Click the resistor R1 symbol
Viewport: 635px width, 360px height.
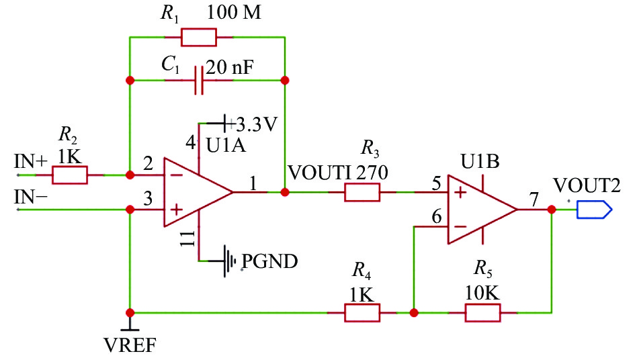(x=198, y=37)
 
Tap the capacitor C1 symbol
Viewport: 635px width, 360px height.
(x=199, y=80)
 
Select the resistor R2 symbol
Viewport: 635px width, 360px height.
(x=70, y=175)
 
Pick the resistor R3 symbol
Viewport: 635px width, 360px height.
(x=362, y=192)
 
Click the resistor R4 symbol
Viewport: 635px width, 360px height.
(x=362, y=312)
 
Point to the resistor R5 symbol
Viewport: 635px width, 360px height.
(x=482, y=312)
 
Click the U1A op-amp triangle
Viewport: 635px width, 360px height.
(x=198, y=192)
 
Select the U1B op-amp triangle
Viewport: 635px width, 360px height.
(x=482, y=210)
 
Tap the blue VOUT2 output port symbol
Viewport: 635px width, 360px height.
(x=595, y=210)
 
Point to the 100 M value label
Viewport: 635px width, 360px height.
(x=234, y=13)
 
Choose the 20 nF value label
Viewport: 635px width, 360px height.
(x=230, y=67)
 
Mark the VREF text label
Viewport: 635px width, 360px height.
(x=130, y=345)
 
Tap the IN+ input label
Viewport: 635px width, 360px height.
(x=31, y=161)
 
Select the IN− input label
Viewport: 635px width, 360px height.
(x=31, y=197)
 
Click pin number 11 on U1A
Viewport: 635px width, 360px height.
(x=188, y=238)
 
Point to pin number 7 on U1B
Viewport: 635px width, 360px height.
(x=535, y=200)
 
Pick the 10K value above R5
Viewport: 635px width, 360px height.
(x=482, y=293)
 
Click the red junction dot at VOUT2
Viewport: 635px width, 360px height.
(x=552, y=210)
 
